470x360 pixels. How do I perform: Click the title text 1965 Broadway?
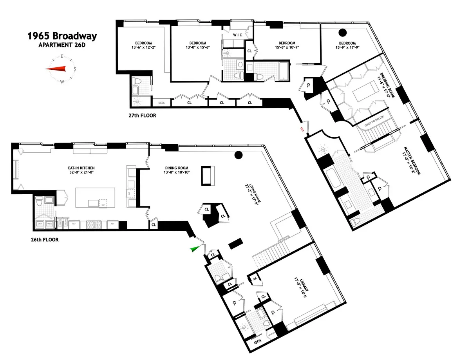pos(62,36)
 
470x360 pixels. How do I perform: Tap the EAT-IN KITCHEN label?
pos(81,168)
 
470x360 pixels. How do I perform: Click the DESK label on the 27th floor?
pos(161,103)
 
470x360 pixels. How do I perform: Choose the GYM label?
pos(257,341)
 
